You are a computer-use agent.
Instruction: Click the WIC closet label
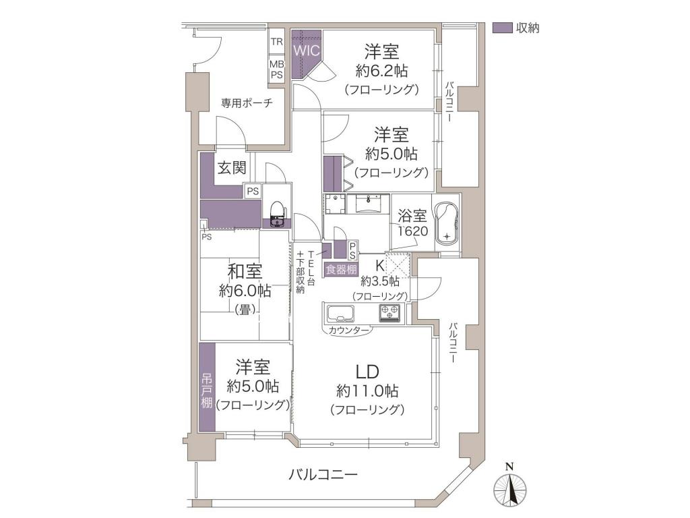pos(307,50)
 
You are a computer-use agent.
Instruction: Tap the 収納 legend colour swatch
pos(502,28)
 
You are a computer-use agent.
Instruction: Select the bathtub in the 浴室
pos(447,228)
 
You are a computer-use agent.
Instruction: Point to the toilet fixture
pos(277,214)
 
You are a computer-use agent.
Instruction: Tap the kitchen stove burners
pos(390,313)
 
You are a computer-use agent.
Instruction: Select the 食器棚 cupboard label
pos(341,269)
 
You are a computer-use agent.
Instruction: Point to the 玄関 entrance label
pos(232,168)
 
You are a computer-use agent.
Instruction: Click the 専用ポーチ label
pos(247,103)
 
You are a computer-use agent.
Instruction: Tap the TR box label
pos(277,42)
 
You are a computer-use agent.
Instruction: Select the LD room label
pos(367,372)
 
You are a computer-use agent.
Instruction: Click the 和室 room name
pos(245,271)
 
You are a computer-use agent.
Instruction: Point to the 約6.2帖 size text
pos(381,70)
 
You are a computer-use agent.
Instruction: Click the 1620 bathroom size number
pos(413,231)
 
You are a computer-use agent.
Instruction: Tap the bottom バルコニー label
pos(323,475)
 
